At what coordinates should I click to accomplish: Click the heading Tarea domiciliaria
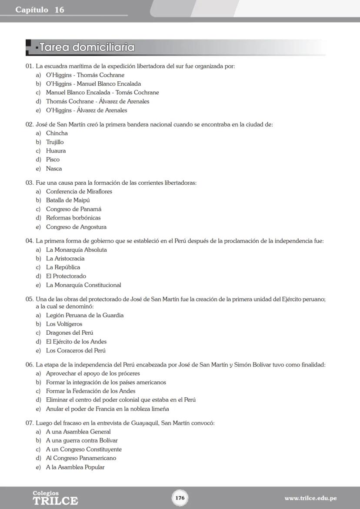[87, 47]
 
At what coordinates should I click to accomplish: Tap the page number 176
[180, 498]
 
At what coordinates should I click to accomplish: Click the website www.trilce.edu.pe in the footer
[310, 498]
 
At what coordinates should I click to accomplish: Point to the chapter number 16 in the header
[59, 10]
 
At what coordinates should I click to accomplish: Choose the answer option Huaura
[56, 151]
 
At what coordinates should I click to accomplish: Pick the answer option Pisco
[53, 160]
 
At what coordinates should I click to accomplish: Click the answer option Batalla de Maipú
[68, 200]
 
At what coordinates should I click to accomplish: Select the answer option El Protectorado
[66, 276]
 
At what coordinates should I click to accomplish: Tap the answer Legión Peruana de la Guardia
[85, 315]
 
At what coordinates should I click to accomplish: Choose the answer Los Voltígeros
[64, 324]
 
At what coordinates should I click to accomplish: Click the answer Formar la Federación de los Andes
[90, 391]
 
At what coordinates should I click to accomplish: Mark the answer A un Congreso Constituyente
[84, 449]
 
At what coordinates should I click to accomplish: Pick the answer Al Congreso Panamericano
[81, 458]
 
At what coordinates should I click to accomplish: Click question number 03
[30, 183]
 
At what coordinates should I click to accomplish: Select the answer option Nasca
[54, 169]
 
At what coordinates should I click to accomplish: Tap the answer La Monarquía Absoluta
[77, 250]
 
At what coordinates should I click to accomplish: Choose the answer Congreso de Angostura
[76, 227]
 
